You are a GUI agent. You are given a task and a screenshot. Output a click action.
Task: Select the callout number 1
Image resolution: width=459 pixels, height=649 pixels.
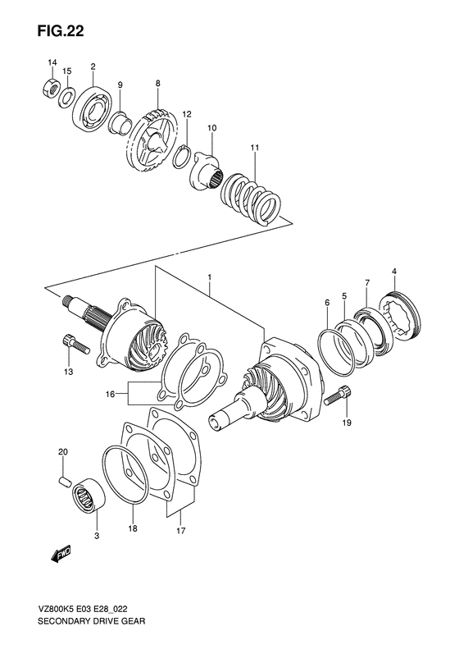point(210,280)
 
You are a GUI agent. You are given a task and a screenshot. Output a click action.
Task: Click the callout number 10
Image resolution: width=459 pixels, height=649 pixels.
point(211,128)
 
